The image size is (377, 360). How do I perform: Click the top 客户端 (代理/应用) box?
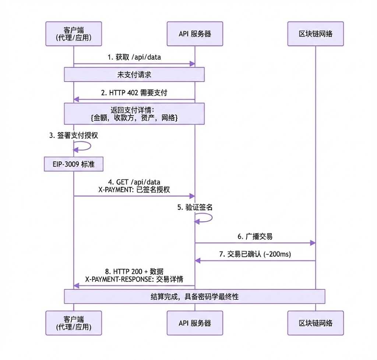74,34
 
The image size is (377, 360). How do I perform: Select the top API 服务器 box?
195,34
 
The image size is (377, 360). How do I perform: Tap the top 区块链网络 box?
316,34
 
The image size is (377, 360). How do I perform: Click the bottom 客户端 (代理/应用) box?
74,323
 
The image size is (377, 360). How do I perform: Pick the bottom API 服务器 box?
195,323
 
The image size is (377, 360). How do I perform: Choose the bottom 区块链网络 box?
316,323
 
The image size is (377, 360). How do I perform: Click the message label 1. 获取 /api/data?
134,57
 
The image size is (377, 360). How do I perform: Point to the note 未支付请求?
134,74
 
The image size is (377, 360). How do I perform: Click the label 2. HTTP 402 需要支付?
134,92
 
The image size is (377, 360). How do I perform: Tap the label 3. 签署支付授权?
74,135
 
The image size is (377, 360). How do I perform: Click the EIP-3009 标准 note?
74,164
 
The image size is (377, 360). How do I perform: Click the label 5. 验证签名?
195,207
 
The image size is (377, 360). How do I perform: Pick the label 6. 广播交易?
255,236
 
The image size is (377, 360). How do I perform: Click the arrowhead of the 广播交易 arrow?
313,243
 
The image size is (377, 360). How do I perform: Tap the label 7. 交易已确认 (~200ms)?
255,254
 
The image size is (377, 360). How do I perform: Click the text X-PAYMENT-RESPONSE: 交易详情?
134,279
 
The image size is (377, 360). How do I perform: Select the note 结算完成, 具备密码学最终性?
195,296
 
